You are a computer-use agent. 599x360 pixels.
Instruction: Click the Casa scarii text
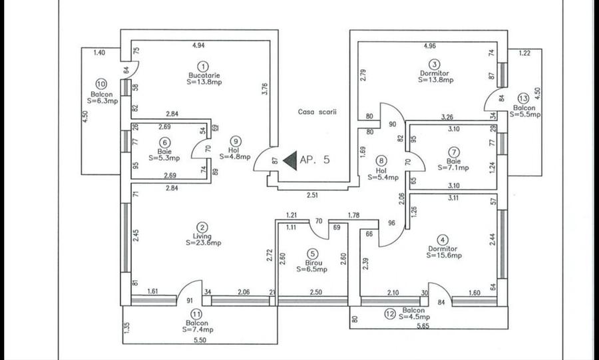[317, 112]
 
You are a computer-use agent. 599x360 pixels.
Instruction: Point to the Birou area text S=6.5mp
[313, 270]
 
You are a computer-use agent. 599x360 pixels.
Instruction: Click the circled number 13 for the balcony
[524, 97]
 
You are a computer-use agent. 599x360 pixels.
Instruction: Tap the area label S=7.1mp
[453, 168]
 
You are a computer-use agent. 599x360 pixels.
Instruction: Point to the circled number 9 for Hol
[235, 140]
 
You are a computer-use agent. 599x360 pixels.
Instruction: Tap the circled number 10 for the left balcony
[101, 85]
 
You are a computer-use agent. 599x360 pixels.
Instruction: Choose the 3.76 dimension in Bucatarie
[264, 89]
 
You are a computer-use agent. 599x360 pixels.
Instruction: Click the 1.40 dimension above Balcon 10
[99, 52]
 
